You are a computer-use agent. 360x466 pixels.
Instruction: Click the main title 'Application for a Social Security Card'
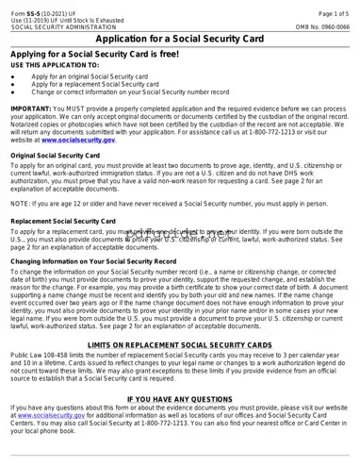point(180,41)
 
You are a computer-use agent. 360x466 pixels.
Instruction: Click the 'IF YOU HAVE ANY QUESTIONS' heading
point(180,399)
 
